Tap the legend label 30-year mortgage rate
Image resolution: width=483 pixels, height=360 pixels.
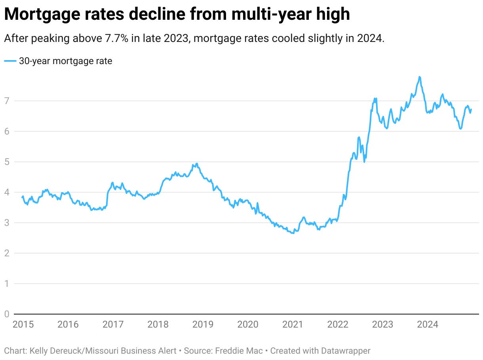point(66,61)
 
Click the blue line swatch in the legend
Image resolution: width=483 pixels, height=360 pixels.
point(10,61)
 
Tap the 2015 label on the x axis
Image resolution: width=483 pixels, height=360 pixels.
point(23,325)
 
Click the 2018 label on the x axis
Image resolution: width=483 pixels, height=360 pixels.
point(158,325)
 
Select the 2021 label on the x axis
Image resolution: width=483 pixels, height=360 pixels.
point(293,325)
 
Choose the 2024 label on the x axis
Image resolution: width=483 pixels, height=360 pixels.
point(427,325)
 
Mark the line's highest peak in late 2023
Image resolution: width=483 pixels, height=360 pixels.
point(419,77)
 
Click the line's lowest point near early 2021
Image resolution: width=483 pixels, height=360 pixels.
point(293,233)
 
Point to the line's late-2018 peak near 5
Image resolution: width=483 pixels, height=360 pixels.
point(197,164)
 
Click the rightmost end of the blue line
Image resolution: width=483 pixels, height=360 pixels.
point(471,110)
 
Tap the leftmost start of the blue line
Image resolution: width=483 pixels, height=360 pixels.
point(22,197)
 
